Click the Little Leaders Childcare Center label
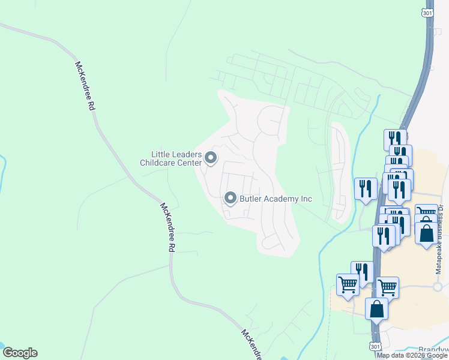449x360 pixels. (x=171, y=158)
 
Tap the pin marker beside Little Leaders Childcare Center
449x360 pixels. (x=211, y=158)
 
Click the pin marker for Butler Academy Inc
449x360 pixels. (x=230, y=198)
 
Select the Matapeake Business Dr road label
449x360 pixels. (x=440, y=240)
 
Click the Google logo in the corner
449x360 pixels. (x=20, y=353)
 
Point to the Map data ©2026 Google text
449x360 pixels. (x=412, y=355)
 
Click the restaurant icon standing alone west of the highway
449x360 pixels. (x=366, y=189)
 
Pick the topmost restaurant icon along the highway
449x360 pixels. (x=395, y=139)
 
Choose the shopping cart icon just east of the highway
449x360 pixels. (x=387, y=287)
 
